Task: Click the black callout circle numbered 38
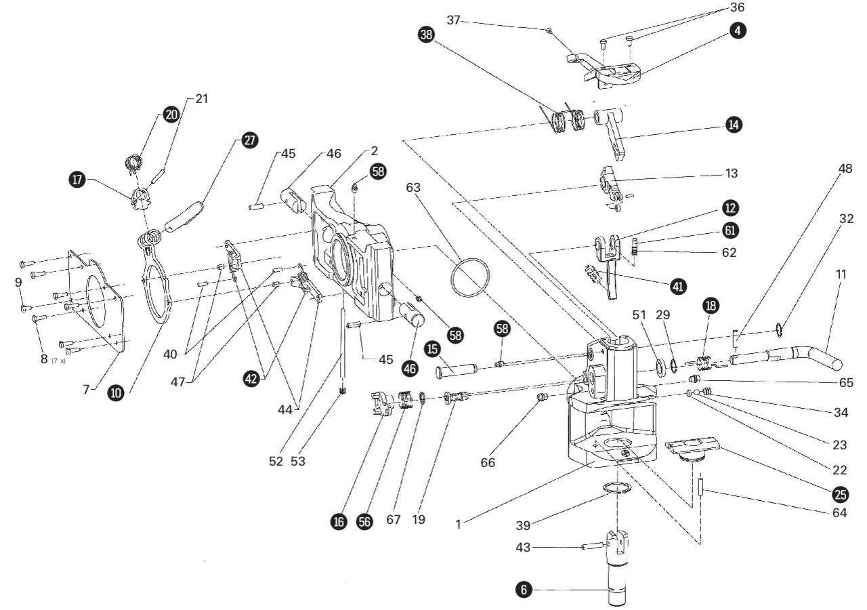click(x=426, y=35)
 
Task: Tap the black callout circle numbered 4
click(x=738, y=30)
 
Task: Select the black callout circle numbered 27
click(x=250, y=140)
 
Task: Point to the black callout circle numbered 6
click(x=524, y=590)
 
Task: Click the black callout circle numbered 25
click(x=841, y=495)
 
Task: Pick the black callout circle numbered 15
click(x=432, y=349)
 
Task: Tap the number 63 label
click(x=413, y=188)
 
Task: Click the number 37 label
click(x=453, y=20)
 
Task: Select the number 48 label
click(x=845, y=169)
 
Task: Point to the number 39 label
click(x=523, y=525)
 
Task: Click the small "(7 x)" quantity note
click(x=58, y=361)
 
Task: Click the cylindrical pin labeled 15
click(x=457, y=370)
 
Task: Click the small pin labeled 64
click(x=700, y=486)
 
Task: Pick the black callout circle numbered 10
click(x=116, y=393)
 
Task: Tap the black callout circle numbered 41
click(x=678, y=287)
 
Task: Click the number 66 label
click(x=488, y=462)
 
